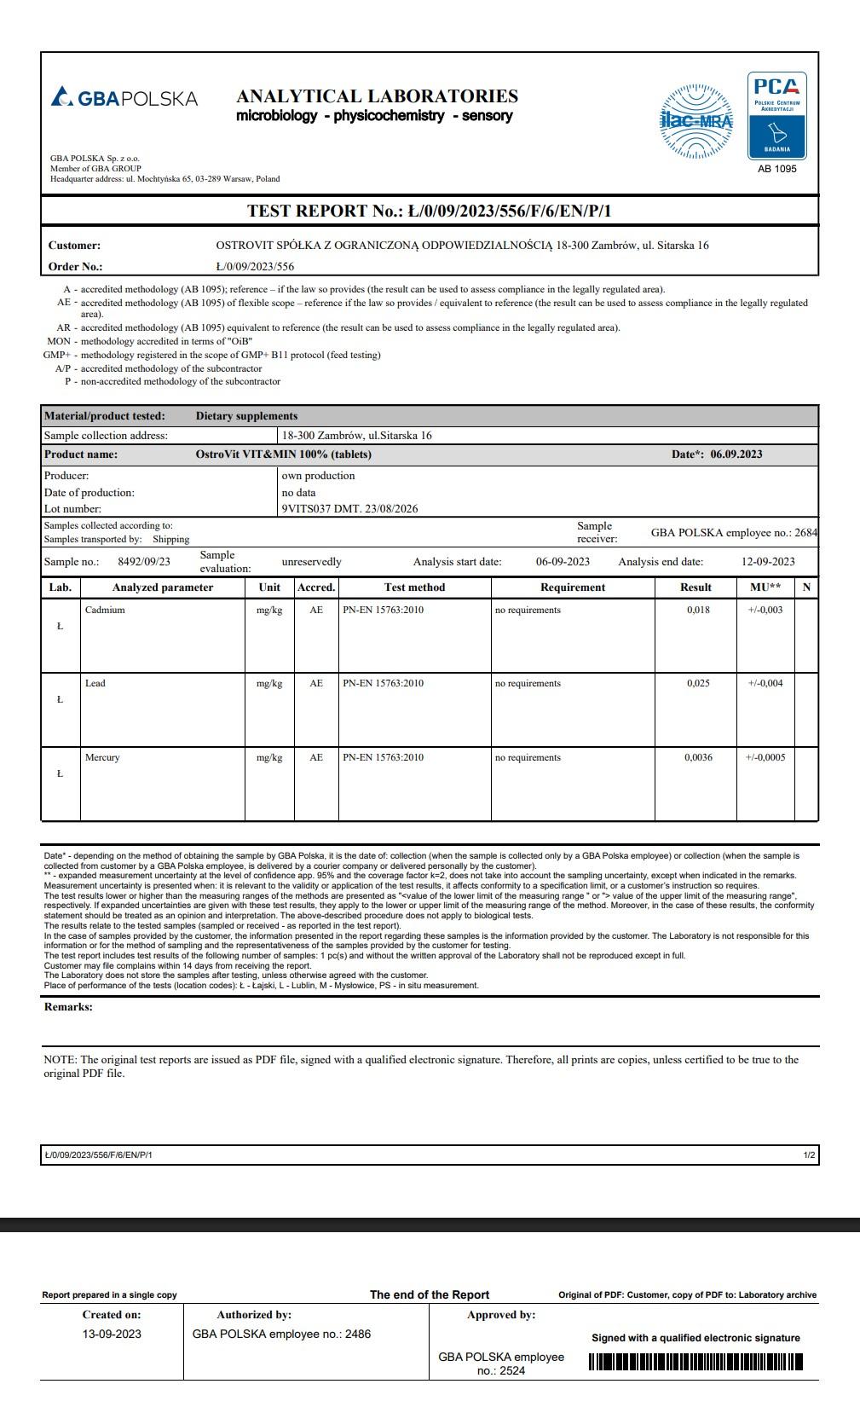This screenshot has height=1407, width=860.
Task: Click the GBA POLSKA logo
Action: point(124,98)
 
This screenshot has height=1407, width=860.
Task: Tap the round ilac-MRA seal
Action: point(697,121)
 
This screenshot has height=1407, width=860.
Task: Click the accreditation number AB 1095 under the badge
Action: point(776,169)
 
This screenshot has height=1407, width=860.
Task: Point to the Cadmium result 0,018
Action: point(698,610)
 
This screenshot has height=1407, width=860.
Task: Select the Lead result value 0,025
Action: point(698,683)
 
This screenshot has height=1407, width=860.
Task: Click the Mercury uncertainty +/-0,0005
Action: point(765,757)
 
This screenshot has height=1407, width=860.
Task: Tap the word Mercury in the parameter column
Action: point(102,757)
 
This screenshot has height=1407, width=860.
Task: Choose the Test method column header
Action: point(414,588)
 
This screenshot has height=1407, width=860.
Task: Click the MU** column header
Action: point(765,588)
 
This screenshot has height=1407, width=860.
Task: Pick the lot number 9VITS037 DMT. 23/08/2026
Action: point(349,509)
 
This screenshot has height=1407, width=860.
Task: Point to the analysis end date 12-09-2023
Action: point(768,561)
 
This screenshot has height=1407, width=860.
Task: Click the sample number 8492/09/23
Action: point(144,561)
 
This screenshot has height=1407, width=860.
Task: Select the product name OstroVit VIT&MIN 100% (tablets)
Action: point(283,455)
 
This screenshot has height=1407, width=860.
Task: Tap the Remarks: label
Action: point(68,1007)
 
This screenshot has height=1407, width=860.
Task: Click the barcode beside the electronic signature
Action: point(696,1363)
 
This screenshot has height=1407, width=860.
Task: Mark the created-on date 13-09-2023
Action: point(112,1334)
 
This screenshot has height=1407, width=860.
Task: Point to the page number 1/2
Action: point(809,1155)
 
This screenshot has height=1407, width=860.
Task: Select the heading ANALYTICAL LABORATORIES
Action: point(377,96)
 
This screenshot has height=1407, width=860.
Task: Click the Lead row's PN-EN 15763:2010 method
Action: point(383,683)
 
